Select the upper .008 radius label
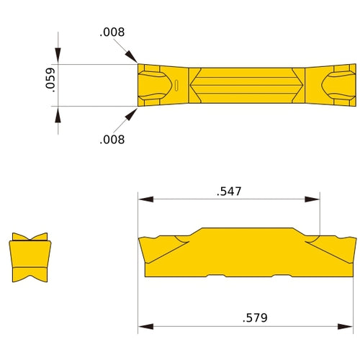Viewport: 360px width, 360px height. (112, 33)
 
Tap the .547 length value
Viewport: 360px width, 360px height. (228, 192)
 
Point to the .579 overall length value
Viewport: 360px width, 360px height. (251, 316)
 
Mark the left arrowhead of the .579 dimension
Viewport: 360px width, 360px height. (142, 323)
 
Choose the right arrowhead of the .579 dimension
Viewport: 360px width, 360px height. (352, 323)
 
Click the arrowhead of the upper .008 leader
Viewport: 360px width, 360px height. (134, 60)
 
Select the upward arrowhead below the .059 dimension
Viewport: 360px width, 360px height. (58, 112)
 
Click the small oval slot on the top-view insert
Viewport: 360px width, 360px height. (176, 86)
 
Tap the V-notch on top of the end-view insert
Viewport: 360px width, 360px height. (30, 238)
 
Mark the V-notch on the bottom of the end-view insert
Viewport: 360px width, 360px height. (30, 277)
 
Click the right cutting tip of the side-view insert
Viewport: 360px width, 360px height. (354, 238)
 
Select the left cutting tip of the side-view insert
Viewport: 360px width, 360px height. (140, 238)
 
